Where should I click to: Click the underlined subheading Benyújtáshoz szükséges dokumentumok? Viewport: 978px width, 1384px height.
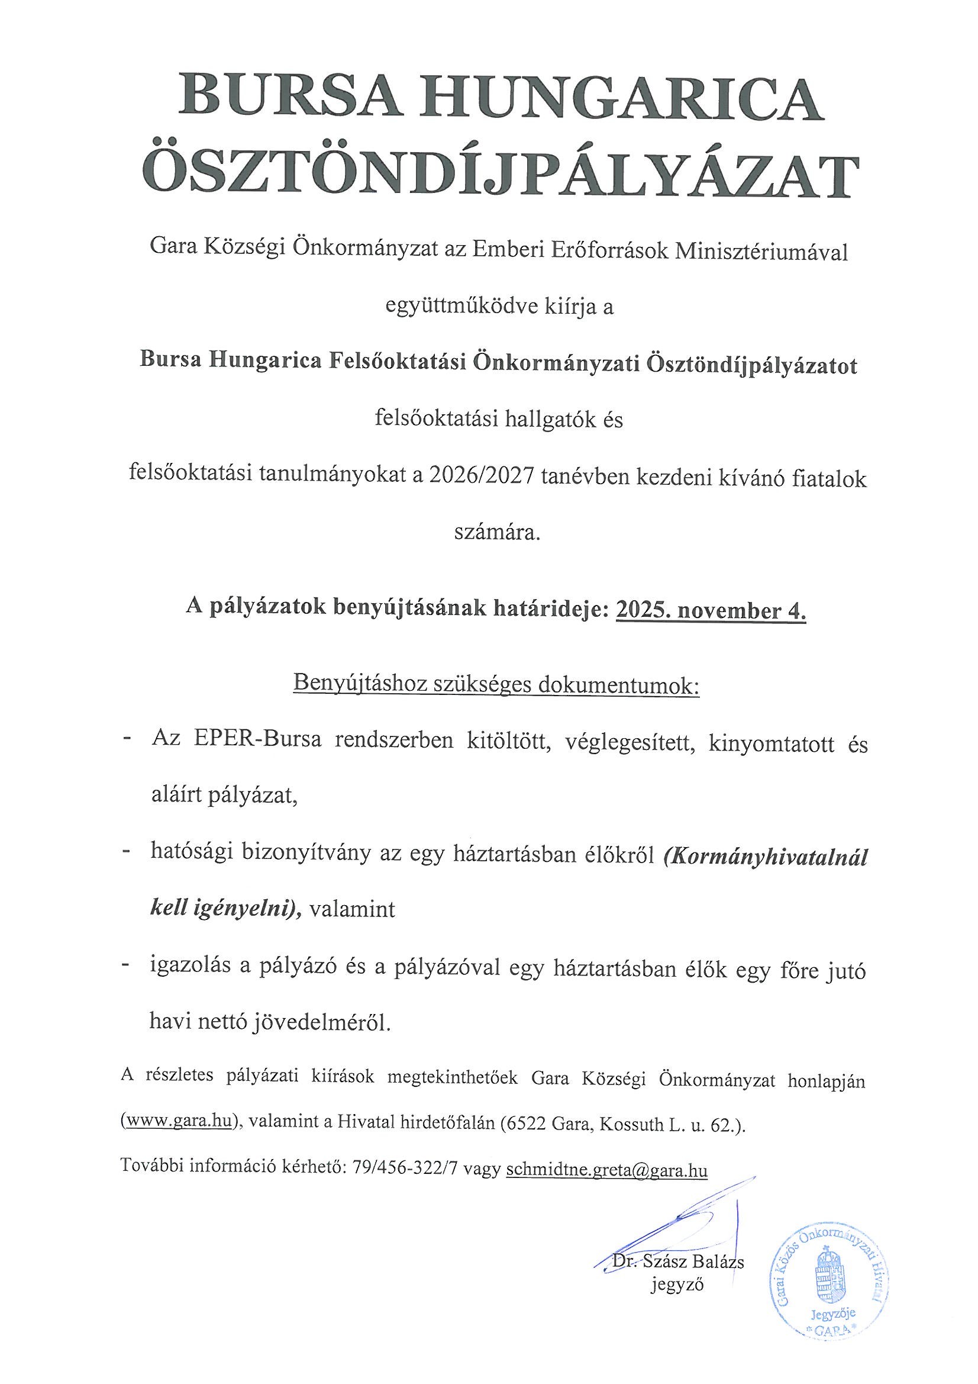tap(495, 684)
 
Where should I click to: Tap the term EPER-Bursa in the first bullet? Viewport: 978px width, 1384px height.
tap(258, 739)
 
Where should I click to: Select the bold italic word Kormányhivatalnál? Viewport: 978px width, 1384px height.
tap(764, 857)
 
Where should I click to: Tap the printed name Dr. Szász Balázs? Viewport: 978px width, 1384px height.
tap(678, 1261)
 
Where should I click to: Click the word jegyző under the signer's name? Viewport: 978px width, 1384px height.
tap(677, 1285)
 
